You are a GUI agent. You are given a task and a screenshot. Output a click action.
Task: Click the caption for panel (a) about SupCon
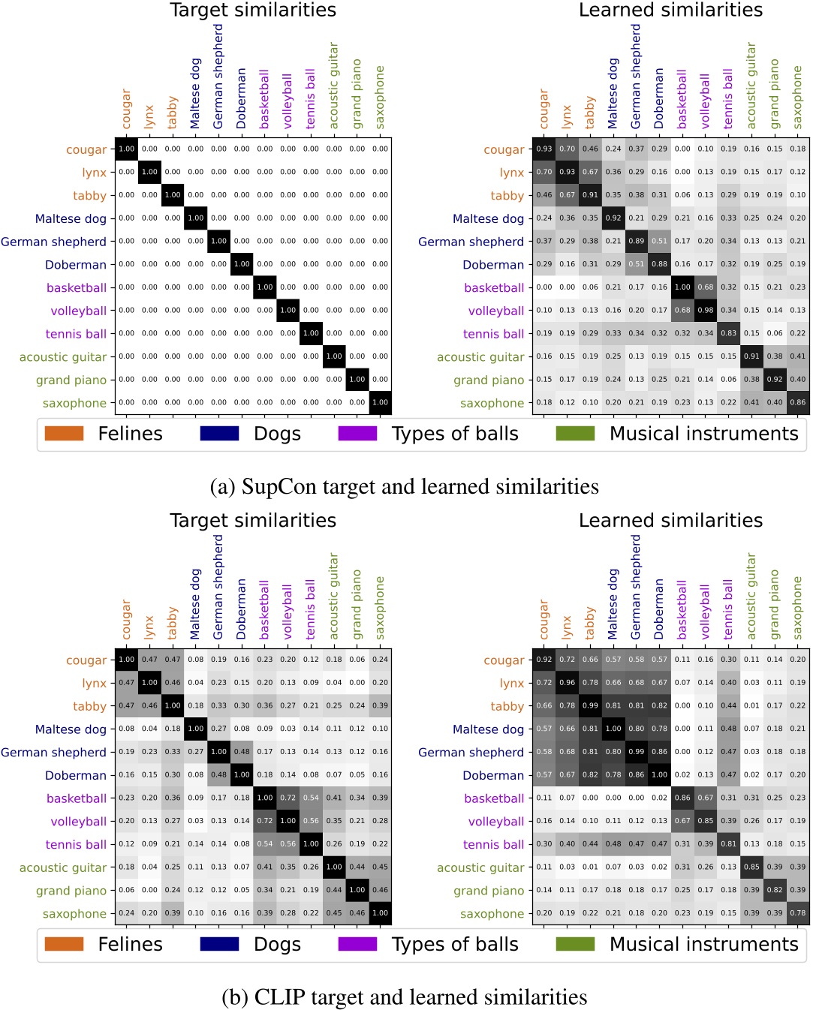click(404, 487)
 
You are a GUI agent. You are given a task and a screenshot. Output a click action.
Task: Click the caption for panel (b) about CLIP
click(404, 997)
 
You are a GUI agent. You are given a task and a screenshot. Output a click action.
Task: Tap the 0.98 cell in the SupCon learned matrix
click(706, 311)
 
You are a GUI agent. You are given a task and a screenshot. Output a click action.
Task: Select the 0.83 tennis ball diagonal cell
click(728, 334)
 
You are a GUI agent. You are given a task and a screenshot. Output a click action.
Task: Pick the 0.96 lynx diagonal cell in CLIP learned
click(567, 683)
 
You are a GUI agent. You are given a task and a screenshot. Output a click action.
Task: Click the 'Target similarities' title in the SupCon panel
click(253, 11)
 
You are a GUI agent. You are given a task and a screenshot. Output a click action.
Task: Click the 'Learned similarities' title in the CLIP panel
click(670, 521)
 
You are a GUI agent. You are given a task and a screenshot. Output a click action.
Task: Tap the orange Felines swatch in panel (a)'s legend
click(64, 434)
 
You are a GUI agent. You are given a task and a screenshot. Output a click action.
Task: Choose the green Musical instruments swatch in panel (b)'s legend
click(575, 944)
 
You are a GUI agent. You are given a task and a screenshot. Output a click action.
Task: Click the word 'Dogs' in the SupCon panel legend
click(277, 434)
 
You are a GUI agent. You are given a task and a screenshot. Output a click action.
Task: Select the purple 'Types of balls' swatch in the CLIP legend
click(357, 944)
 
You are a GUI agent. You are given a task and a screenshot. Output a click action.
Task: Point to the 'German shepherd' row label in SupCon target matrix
click(53, 242)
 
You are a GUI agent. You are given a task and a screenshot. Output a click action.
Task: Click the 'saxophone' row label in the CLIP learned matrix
click(492, 914)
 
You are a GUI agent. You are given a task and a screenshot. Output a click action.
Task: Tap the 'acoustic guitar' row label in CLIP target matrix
click(63, 867)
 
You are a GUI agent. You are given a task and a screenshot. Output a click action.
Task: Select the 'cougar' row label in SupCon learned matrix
click(504, 149)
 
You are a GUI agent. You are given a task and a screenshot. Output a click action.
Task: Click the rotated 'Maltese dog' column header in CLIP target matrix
click(195, 605)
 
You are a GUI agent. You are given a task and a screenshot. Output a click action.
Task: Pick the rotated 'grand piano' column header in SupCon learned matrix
click(775, 95)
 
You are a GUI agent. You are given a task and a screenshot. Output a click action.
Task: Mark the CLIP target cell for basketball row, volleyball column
click(288, 798)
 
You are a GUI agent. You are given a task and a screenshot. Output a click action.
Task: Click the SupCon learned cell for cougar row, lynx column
click(567, 149)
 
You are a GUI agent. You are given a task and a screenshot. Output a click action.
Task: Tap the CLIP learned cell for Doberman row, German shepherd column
click(637, 775)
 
